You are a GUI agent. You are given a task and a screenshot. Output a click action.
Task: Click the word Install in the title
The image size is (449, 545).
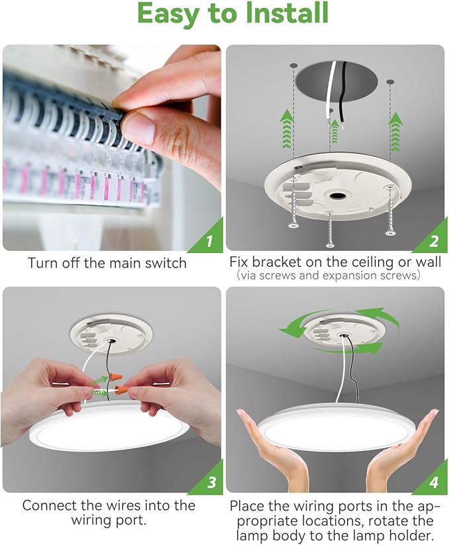pos(282,15)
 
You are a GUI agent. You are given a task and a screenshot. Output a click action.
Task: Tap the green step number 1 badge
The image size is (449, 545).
pos(210,241)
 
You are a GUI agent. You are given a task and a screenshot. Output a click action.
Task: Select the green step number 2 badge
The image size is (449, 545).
pos(434,241)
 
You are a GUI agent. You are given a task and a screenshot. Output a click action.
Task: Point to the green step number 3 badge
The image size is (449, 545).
pos(210,483)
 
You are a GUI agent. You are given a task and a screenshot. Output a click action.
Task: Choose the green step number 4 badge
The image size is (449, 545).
pos(434,483)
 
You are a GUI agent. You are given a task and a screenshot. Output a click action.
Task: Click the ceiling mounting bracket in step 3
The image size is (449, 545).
pos(106,335)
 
